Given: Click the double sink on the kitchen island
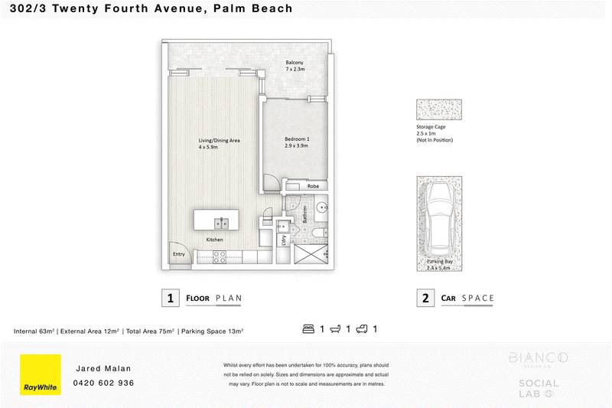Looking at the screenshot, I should (220, 223).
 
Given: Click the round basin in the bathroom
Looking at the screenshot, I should (322, 207).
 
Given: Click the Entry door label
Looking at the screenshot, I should (179, 254).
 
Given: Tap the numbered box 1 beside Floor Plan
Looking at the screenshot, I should (169, 298).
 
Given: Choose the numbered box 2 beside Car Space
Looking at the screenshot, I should (425, 298).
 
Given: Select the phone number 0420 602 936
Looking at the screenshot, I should (103, 383).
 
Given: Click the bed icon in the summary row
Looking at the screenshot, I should (309, 329).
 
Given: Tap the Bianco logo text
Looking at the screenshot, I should (539, 357).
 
